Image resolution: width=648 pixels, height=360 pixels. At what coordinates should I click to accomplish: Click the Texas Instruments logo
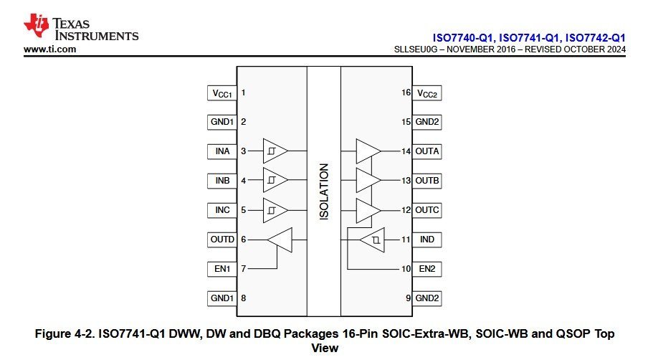click(x=80, y=27)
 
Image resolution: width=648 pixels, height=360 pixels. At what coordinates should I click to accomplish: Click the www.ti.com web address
click(x=49, y=49)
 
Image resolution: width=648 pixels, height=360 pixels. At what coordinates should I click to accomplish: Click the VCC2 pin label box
click(x=427, y=93)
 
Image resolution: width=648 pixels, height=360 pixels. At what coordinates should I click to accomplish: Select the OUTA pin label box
click(x=427, y=151)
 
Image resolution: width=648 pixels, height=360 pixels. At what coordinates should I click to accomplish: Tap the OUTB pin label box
click(x=427, y=181)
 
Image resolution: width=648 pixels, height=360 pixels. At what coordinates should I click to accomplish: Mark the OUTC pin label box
click(x=427, y=210)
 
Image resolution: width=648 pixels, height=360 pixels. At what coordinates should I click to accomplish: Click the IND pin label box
click(x=427, y=240)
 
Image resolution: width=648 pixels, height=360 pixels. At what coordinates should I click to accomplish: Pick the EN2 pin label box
click(x=427, y=269)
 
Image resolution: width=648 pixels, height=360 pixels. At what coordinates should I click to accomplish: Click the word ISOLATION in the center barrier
click(x=324, y=191)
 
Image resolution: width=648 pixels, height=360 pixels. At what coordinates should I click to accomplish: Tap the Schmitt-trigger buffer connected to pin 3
click(x=275, y=151)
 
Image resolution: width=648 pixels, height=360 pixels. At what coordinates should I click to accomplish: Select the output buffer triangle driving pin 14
click(x=368, y=151)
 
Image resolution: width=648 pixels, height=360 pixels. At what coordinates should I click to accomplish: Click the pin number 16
click(x=406, y=93)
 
